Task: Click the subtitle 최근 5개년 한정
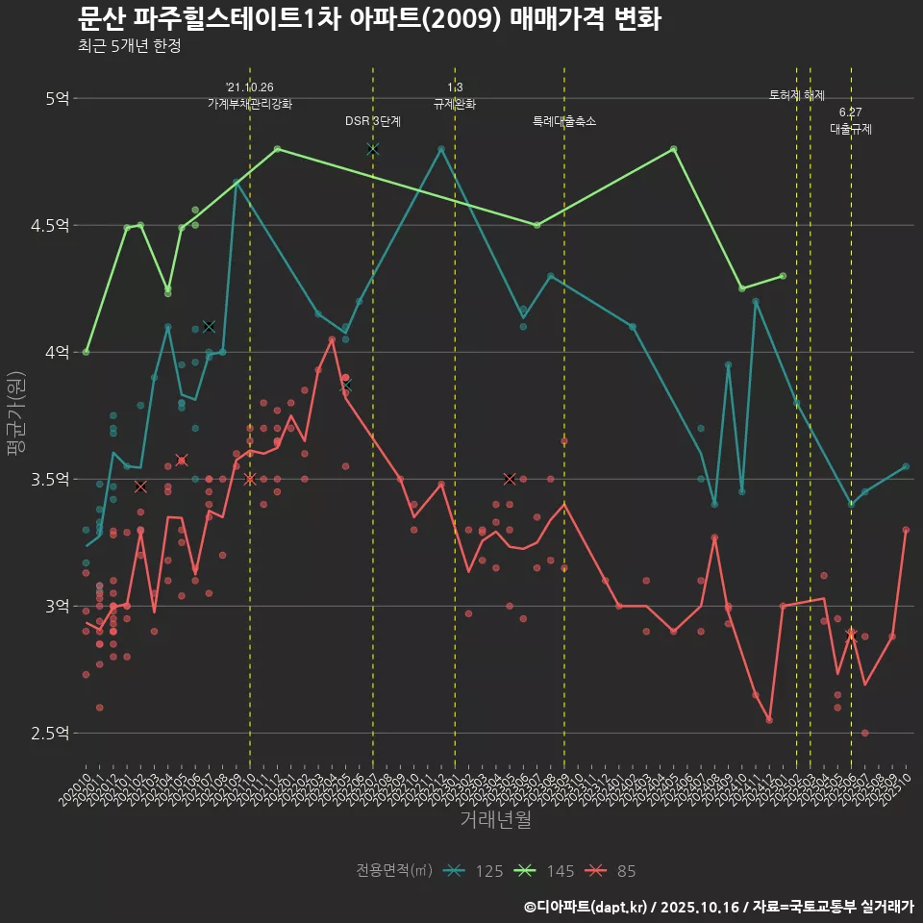(129, 45)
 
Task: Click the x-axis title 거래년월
(495, 820)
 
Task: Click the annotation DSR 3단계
(373, 121)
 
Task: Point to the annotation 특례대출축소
(564, 121)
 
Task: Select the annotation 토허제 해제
(797, 95)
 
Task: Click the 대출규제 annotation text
(851, 129)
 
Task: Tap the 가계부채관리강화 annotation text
(250, 103)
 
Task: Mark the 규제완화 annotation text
(455, 103)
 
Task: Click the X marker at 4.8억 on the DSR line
(373, 149)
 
